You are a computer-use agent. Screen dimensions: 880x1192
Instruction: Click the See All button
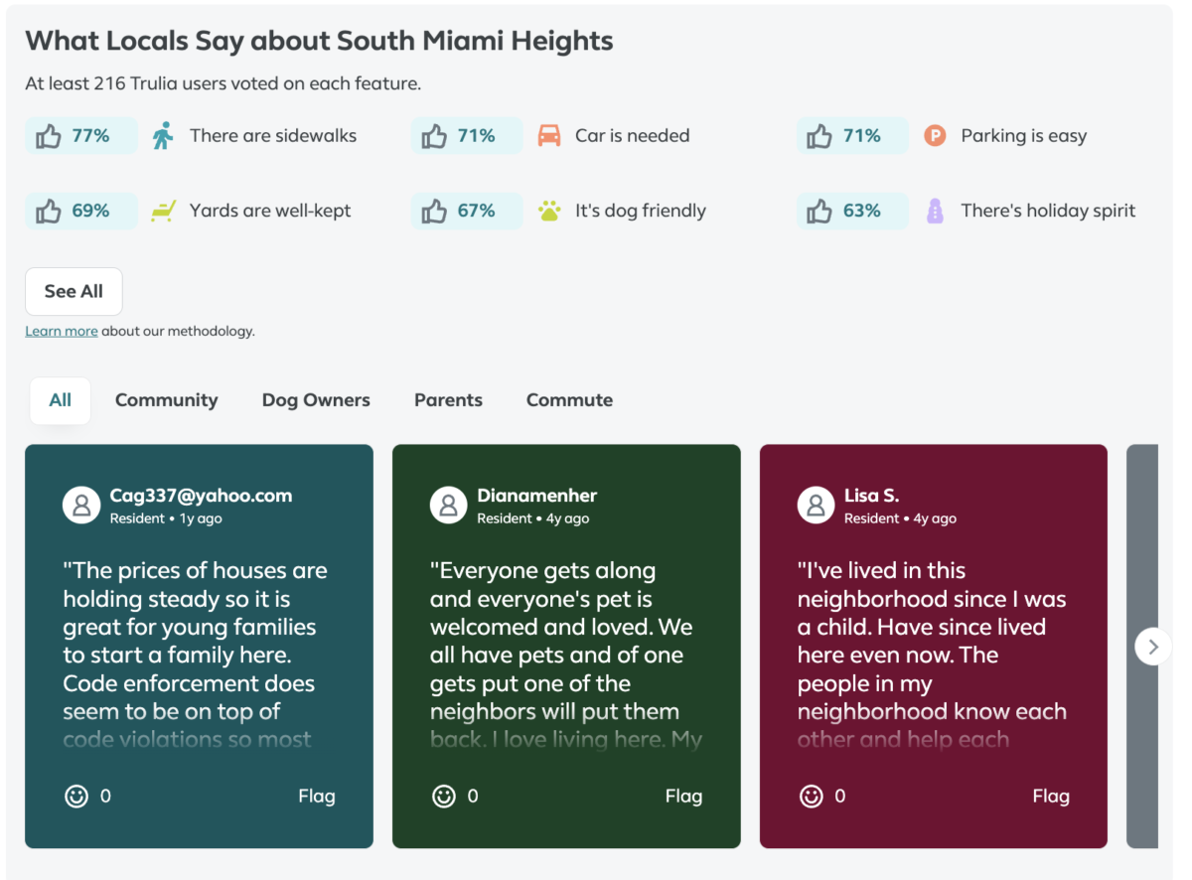pyautogui.click(x=74, y=291)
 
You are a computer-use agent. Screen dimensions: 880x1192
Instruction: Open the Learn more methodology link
pyautogui.click(x=62, y=332)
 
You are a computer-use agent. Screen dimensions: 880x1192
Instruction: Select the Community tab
pyautogui.click(x=166, y=400)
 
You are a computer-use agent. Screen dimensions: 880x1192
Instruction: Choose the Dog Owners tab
pyautogui.click(x=316, y=400)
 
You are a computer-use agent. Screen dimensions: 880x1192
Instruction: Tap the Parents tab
pyautogui.click(x=448, y=400)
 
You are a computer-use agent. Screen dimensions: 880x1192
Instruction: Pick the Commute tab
pyautogui.click(x=569, y=400)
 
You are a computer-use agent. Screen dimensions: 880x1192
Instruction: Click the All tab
pyautogui.click(x=61, y=400)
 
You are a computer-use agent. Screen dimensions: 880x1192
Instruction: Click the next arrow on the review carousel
pyautogui.click(x=1152, y=647)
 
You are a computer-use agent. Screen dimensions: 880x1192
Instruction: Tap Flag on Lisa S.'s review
pyautogui.click(x=1051, y=796)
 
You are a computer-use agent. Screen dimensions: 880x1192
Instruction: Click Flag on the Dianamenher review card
pyautogui.click(x=683, y=796)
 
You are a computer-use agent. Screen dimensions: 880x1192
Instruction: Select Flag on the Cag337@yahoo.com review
pyautogui.click(x=317, y=796)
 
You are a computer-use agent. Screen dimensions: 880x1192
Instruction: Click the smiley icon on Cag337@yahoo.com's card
pyautogui.click(x=76, y=796)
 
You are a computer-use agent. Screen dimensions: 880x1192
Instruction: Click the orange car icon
pyautogui.click(x=549, y=136)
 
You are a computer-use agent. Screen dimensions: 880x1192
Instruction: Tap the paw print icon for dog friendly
pyautogui.click(x=549, y=211)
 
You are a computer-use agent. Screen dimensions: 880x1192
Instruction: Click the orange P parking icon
pyautogui.click(x=935, y=136)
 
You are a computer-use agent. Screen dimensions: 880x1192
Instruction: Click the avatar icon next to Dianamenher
pyautogui.click(x=448, y=505)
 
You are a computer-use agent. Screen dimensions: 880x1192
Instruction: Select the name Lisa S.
pyautogui.click(x=871, y=495)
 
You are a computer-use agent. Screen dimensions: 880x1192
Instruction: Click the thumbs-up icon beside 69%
pyautogui.click(x=49, y=212)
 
